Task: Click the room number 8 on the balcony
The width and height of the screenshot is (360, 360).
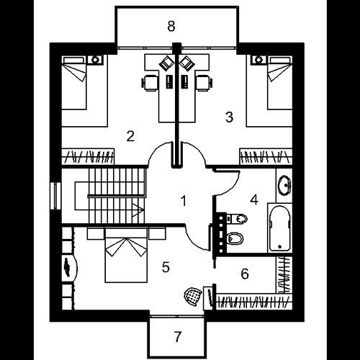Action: pyautogui.click(x=171, y=26)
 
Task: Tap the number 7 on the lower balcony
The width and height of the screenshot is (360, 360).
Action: pyautogui.click(x=177, y=336)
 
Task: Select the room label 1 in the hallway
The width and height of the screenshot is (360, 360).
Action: pyautogui.click(x=184, y=201)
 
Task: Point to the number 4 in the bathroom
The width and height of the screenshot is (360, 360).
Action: pyautogui.click(x=254, y=199)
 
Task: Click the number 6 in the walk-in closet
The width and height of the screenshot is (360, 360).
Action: pyautogui.click(x=245, y=274)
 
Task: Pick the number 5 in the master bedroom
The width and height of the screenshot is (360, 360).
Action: pyautogui.click(x=166, y=267)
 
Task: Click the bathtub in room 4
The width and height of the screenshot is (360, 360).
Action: pyautogui.click(x=280, y=228)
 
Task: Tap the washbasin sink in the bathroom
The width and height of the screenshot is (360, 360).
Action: pyautogui.click(x=284, y=185)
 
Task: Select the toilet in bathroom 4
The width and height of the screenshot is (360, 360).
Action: pyautogui.click(x=238, y=218)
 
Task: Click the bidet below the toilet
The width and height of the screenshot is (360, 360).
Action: pyautogui.click(x=235, y=238)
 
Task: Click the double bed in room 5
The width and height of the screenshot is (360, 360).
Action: pyautogui.click(x=126, y=256)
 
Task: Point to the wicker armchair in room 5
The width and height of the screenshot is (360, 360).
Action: pyautogui.click(x=193, y=297)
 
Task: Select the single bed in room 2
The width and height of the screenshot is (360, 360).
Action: pyautogui.click(x=74, y=84)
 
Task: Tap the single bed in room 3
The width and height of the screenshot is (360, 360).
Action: pyautogui.click(x=280, y=84)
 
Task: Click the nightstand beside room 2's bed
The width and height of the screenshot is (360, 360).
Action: pyautogui.click(x=95, y=60)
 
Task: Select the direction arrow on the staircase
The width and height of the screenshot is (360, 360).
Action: pyautogui.click(x=138, y=210)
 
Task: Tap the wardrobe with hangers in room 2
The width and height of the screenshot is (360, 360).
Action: pyautogui.click(x=88, y=157)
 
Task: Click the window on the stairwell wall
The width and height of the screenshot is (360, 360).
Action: pyautogui.click(x=56, y=196)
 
